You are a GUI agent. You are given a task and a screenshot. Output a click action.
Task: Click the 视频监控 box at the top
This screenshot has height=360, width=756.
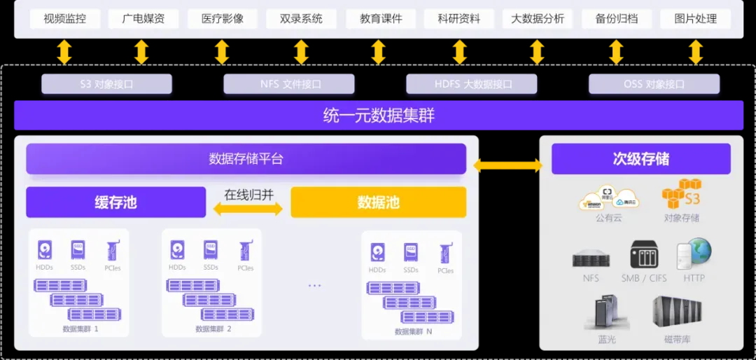64,19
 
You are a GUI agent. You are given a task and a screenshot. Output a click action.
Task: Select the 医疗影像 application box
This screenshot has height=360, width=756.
223,19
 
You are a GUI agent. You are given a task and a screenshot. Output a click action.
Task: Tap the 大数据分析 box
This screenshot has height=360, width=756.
537,19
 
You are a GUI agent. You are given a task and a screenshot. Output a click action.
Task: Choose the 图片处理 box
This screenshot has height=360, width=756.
695,19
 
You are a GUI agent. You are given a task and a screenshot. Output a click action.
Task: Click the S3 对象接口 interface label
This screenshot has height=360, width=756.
106,84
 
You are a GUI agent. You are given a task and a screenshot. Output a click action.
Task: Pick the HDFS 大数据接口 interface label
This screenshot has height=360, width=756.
472,84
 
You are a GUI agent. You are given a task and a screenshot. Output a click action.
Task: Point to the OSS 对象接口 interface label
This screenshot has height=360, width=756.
654,84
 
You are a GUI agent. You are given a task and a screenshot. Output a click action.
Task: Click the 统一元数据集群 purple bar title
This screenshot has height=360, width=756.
378,115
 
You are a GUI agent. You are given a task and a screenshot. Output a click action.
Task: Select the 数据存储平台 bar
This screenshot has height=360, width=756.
246,159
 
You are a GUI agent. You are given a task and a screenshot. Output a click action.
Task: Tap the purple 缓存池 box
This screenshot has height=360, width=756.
115,202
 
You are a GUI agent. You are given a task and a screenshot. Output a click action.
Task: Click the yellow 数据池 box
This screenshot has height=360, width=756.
378,202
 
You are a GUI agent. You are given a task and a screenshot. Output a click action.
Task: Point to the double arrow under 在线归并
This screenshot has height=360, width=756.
248,209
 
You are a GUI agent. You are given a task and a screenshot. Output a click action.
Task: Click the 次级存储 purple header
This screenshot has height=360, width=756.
640,159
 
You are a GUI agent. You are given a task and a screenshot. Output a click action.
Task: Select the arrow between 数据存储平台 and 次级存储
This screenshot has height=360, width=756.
508,165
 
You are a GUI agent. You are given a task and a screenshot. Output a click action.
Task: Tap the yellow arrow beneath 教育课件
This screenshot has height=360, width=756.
378,53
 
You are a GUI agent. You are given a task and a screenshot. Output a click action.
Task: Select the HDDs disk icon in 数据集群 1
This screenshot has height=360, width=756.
45,250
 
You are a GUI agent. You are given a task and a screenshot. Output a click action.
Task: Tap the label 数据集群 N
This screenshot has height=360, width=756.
413,331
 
